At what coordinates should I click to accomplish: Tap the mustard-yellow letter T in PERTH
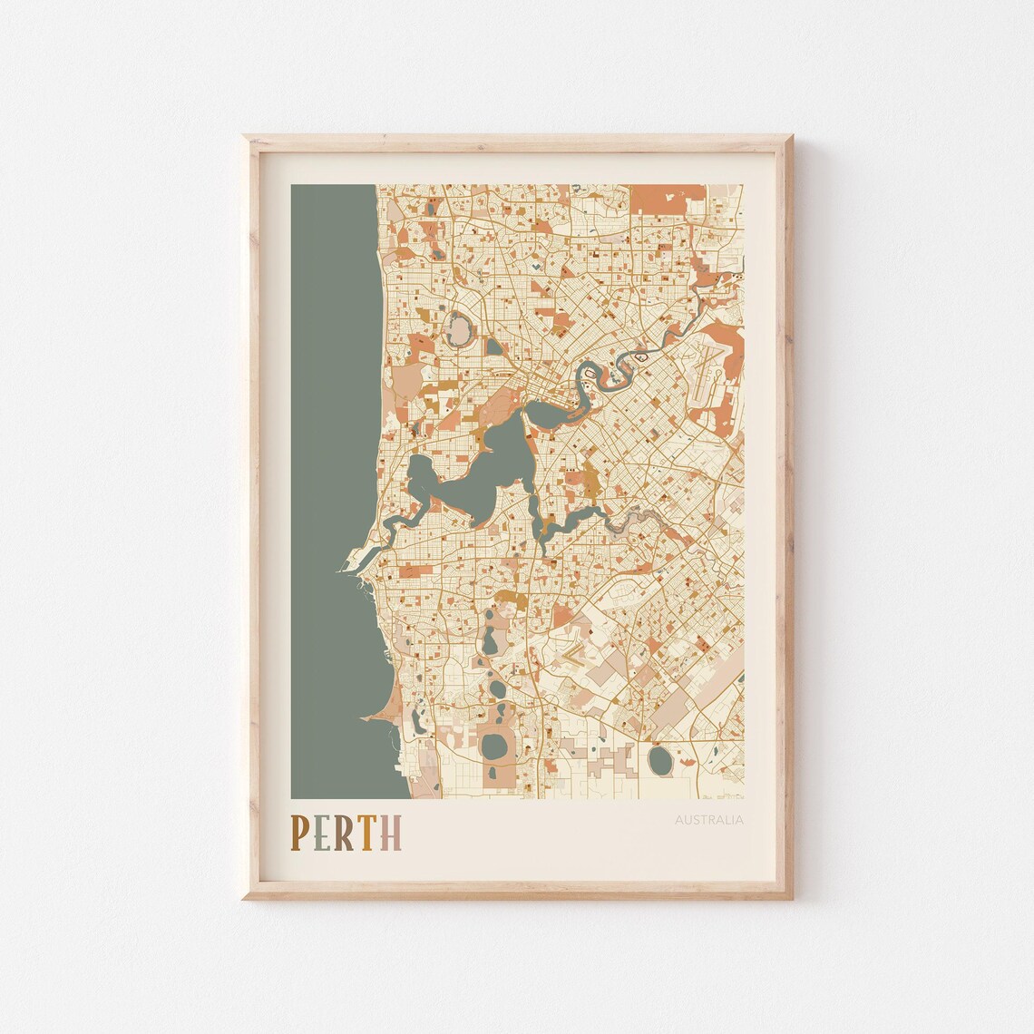(366, 833)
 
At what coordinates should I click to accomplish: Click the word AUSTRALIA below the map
(708, 821)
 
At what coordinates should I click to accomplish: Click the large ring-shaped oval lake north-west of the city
(459, 327)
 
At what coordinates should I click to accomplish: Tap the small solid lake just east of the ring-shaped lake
(493, 346)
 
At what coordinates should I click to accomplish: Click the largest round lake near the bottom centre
(494, 746)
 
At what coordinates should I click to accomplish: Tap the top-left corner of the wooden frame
(247, 139)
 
